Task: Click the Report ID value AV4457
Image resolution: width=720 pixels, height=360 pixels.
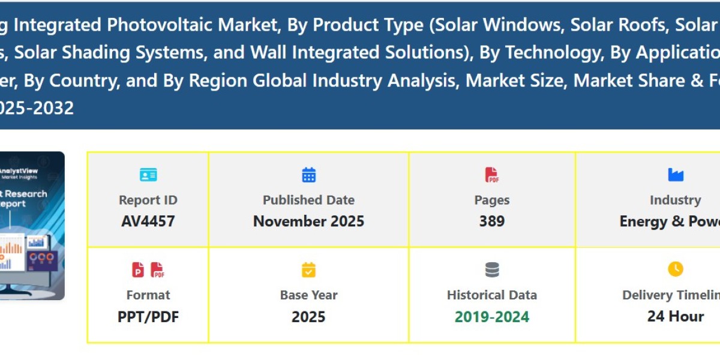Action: [148, 221]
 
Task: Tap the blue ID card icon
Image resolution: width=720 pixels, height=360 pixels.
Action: [148, 175]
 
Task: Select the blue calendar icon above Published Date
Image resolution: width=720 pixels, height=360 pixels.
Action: [308, 175]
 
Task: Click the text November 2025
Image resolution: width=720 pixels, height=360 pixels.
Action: [308, 221]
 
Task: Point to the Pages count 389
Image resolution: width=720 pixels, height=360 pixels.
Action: [492, 221]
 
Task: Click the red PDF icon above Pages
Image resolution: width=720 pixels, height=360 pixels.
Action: [492, 175]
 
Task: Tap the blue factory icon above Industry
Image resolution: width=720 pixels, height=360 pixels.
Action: [676, 175]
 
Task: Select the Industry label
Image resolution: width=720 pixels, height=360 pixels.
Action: [675, 200]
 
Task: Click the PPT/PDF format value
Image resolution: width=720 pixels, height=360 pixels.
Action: [148, 316]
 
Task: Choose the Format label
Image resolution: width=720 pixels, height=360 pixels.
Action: [148, 295]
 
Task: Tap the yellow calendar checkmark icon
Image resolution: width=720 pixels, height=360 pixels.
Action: [308, 270]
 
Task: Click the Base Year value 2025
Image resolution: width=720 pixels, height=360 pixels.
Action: [308, 316]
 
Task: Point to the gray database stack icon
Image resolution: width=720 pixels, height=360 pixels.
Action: [492, 270]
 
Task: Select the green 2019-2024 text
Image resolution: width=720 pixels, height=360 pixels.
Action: [492, 316]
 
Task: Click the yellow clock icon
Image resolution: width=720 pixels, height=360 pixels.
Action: [676, 269]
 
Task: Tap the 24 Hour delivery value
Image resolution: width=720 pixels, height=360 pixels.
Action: [676, 316]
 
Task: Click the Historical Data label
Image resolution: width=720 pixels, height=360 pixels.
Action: [492, 295]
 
